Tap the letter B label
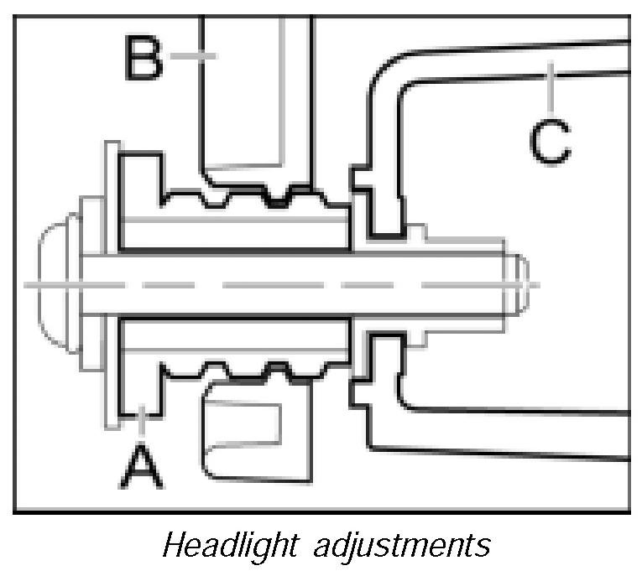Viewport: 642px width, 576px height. [x=144, y=57]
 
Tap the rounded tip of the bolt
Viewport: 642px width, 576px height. [x=519, y=285]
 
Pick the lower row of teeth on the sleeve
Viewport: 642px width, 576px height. [x=252, y=369]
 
